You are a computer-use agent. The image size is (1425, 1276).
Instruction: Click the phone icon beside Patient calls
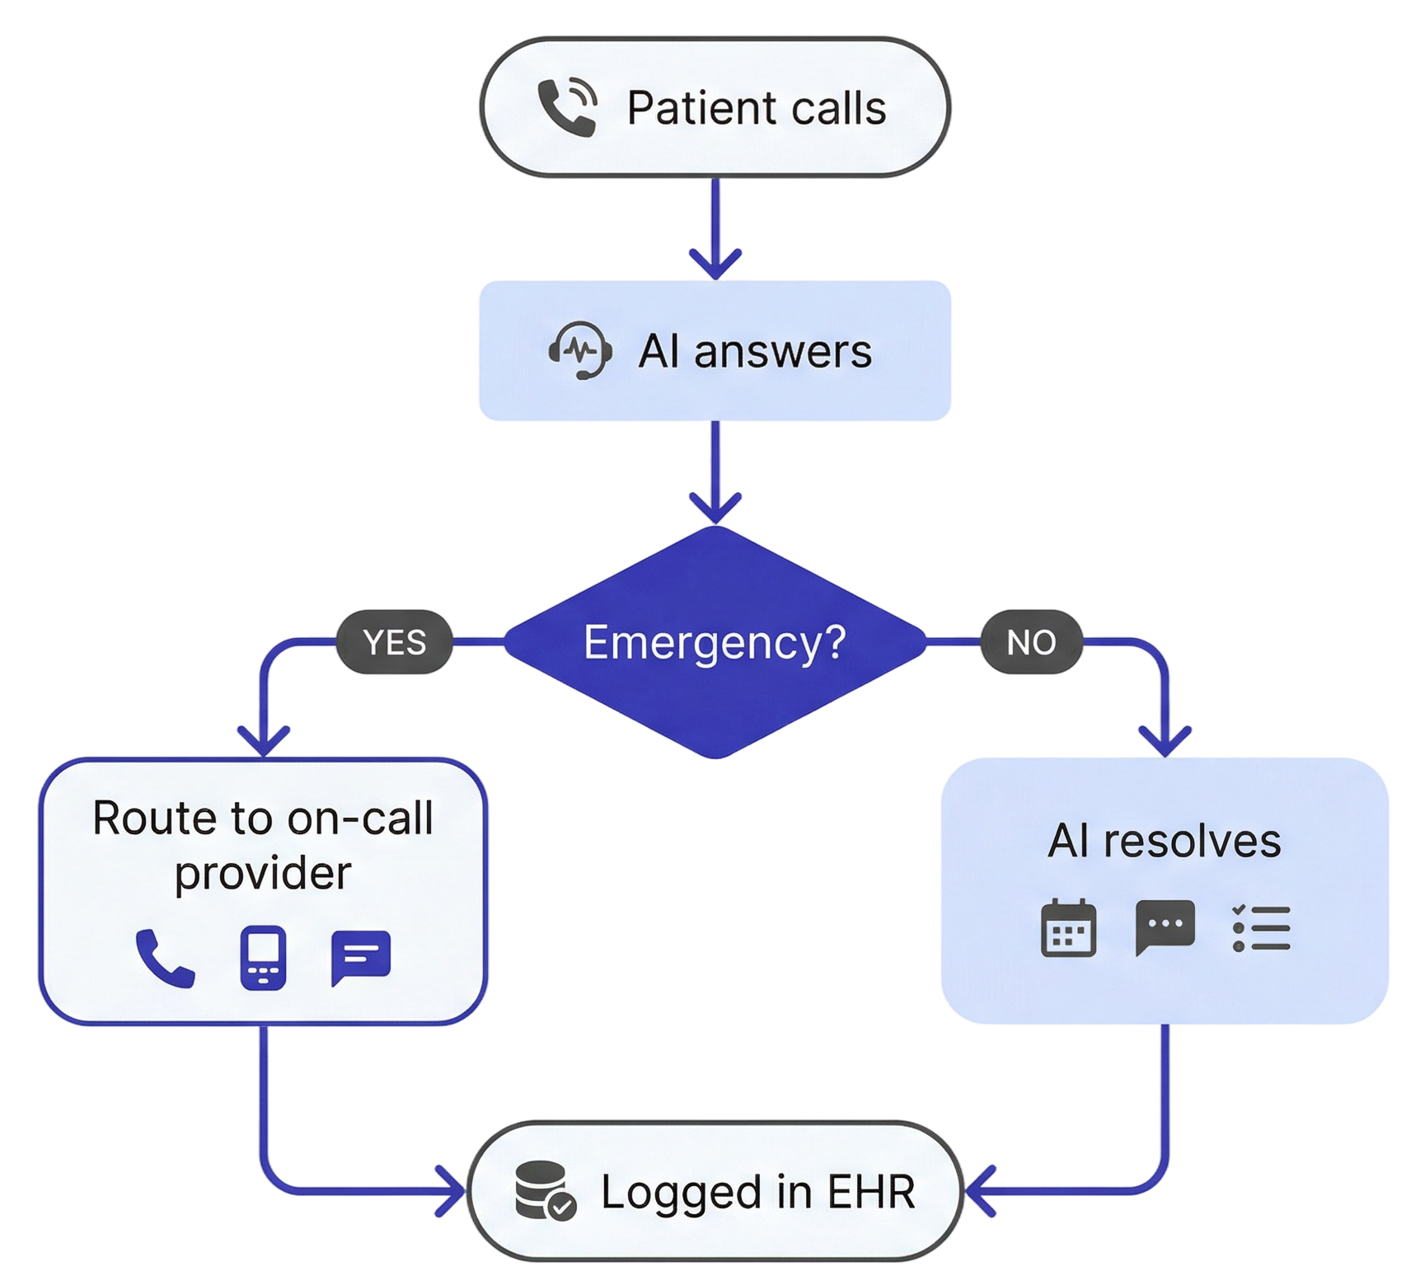[x=567, y=107]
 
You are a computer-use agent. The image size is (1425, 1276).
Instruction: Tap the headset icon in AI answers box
[x=580, y=351]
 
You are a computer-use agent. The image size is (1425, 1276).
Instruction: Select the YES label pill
[x=395, y=642]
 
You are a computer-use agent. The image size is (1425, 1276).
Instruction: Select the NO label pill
[x=1031, y=642]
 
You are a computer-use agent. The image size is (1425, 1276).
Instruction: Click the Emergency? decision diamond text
[x=715, y=642]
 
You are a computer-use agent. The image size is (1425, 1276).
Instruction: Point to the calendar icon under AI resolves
[x=1068, y=928]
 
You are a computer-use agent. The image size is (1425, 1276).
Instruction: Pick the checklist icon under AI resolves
[x=1261, y=928]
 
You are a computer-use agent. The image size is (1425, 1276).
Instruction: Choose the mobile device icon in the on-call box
[x=263, y=958]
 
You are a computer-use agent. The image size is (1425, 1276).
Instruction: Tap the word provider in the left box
[x=263, y=874]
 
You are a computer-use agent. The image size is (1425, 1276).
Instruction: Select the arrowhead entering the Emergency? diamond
[x=715, y=509]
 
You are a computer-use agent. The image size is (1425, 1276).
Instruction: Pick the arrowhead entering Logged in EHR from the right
[x=979, y=1191]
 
